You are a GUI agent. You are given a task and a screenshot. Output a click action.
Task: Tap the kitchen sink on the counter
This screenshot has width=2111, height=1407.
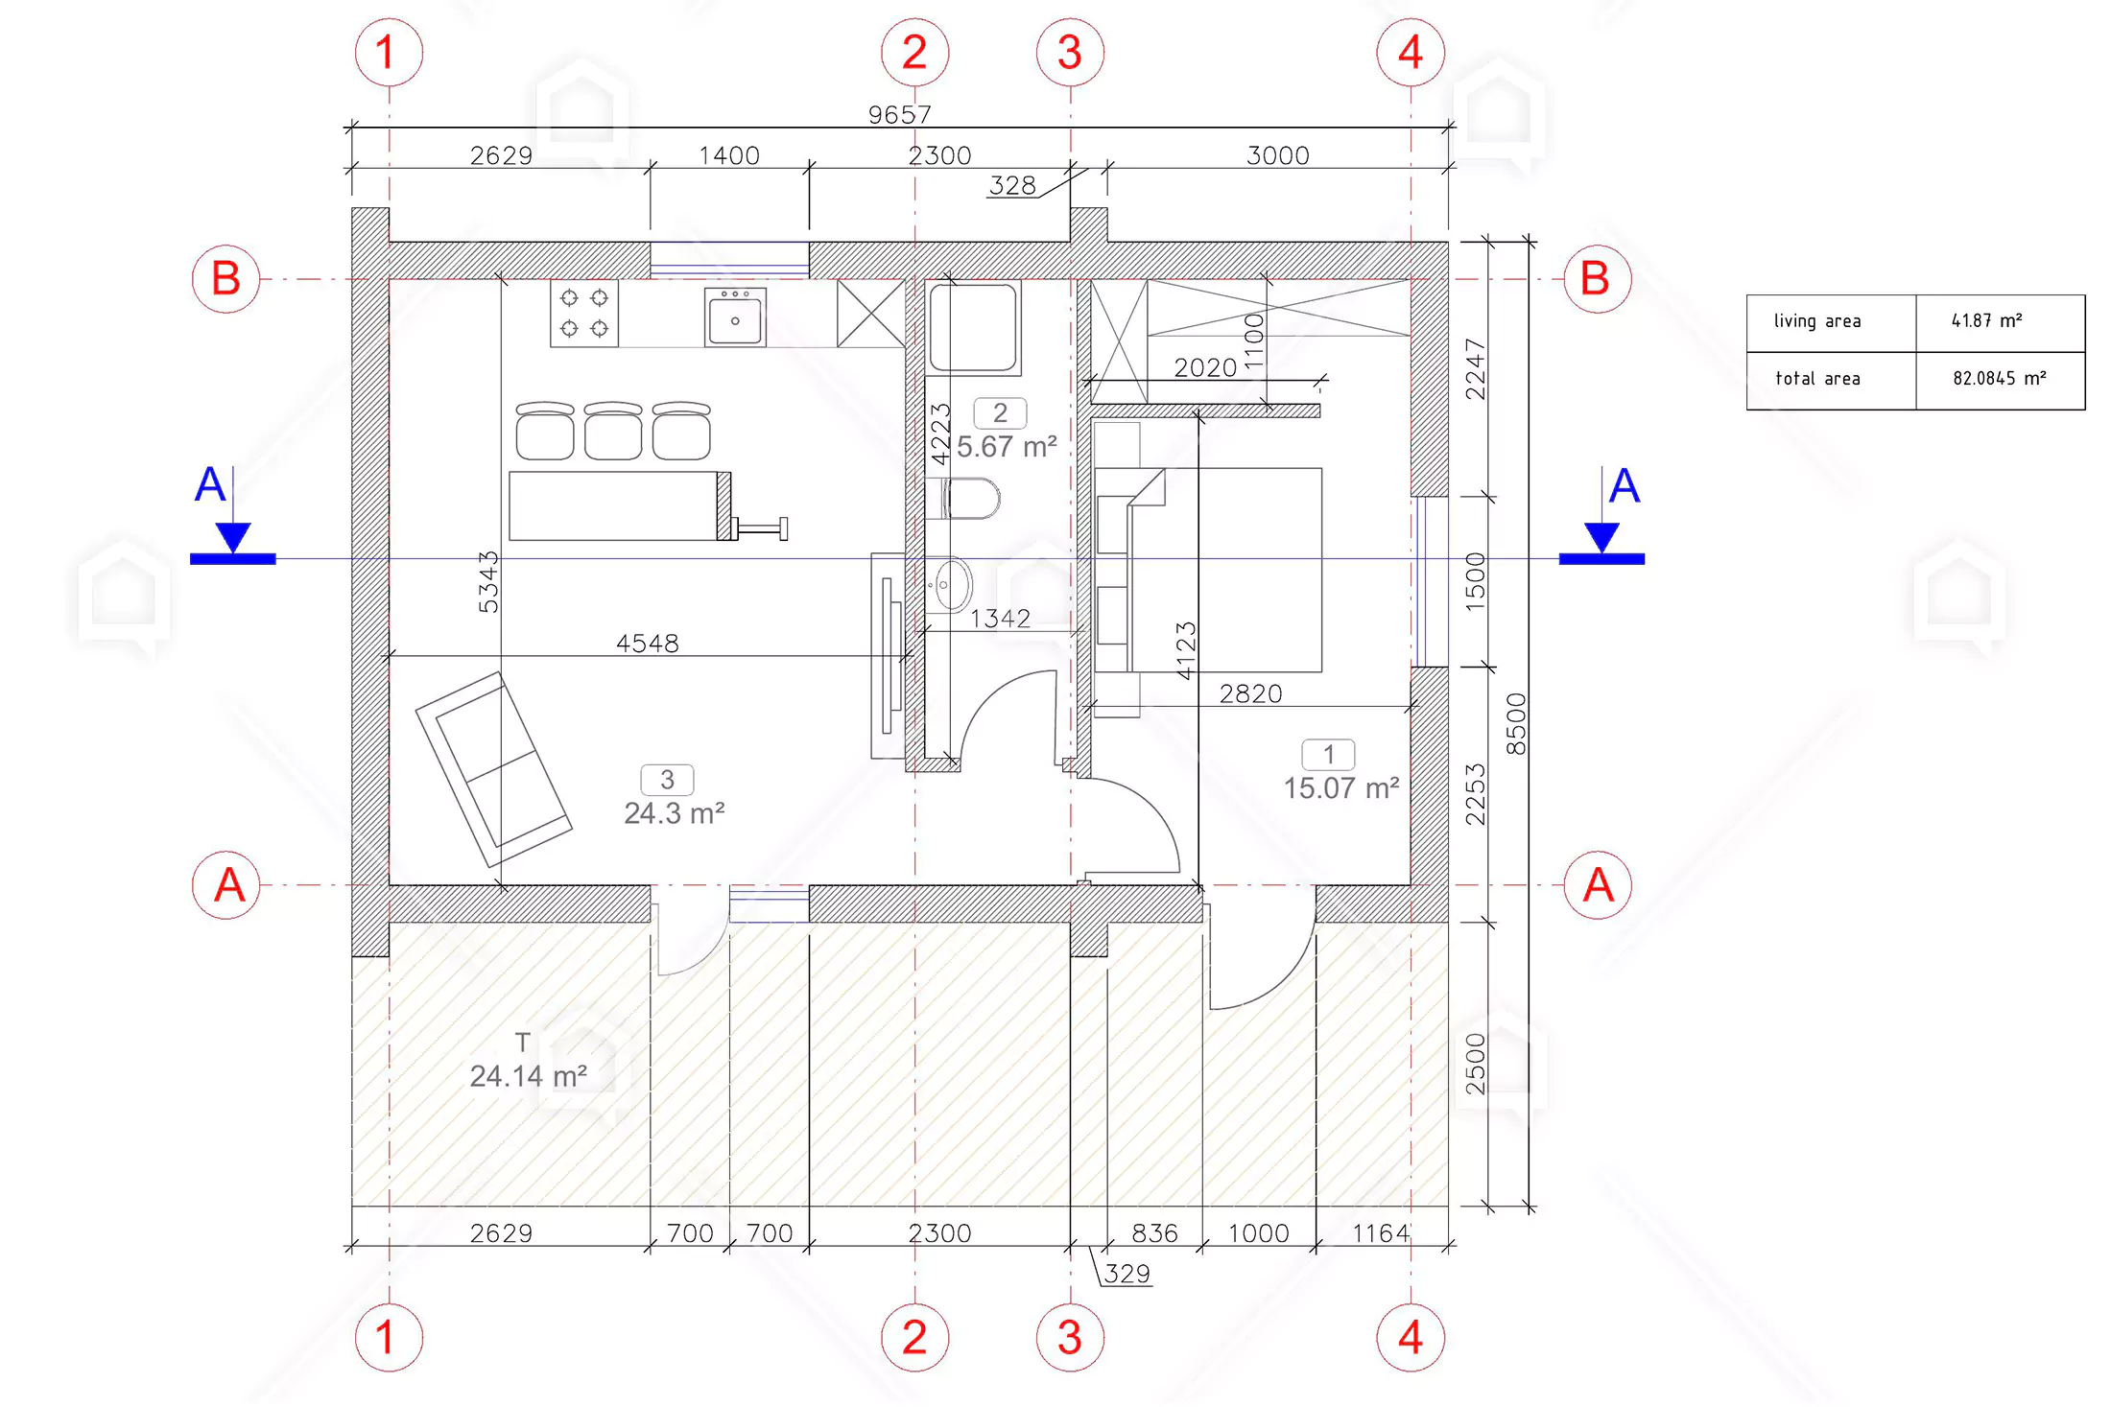[x=735, y=317]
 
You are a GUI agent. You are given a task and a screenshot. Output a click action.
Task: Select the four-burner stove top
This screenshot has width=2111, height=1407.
[x=584, y=313]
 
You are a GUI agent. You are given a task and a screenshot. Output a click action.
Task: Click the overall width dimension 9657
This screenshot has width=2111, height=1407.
[x=899, y=115]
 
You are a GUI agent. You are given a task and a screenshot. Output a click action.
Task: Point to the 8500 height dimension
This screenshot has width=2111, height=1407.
[x=1515, y=724]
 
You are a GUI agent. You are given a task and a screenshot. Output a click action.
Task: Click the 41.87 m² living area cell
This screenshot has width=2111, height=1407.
[x=1987, y=320]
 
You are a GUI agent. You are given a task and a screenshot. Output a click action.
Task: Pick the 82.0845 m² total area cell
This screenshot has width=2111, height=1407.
[x=2000, y=379]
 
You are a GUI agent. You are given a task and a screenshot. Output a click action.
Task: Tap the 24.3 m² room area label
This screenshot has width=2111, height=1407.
[x=675, y=813]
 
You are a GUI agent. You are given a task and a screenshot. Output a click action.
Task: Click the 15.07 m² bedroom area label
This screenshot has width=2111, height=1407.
[x=1341, y=788]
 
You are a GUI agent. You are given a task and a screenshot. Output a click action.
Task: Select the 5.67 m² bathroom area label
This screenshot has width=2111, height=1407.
[x=1007, y=447]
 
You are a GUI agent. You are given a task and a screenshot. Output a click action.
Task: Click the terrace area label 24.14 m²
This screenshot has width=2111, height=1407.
[x=529, y=1076]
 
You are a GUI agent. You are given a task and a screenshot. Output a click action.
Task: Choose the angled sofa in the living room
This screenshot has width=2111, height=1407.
[x=494, y=769]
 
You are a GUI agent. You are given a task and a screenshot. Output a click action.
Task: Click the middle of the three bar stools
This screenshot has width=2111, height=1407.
[x=613, y=431]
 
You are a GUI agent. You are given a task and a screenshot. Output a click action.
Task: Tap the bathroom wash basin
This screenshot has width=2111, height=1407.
[x=950, y=584]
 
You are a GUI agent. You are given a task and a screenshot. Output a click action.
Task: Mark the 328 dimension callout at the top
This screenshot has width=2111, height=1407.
[x=1012, y=185]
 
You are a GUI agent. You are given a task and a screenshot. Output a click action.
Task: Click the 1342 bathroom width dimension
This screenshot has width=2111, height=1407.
[x=1000, y=619]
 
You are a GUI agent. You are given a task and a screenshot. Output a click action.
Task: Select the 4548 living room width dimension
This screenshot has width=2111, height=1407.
[x=648, y=644]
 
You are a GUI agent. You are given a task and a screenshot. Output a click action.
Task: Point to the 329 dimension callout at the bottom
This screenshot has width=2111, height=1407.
[x=1127, y=1274]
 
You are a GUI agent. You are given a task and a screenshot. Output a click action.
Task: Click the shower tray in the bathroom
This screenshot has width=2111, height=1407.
[x=973, y=327]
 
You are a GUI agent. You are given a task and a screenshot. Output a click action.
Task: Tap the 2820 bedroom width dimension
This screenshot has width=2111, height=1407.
[x=1250, y=693]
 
